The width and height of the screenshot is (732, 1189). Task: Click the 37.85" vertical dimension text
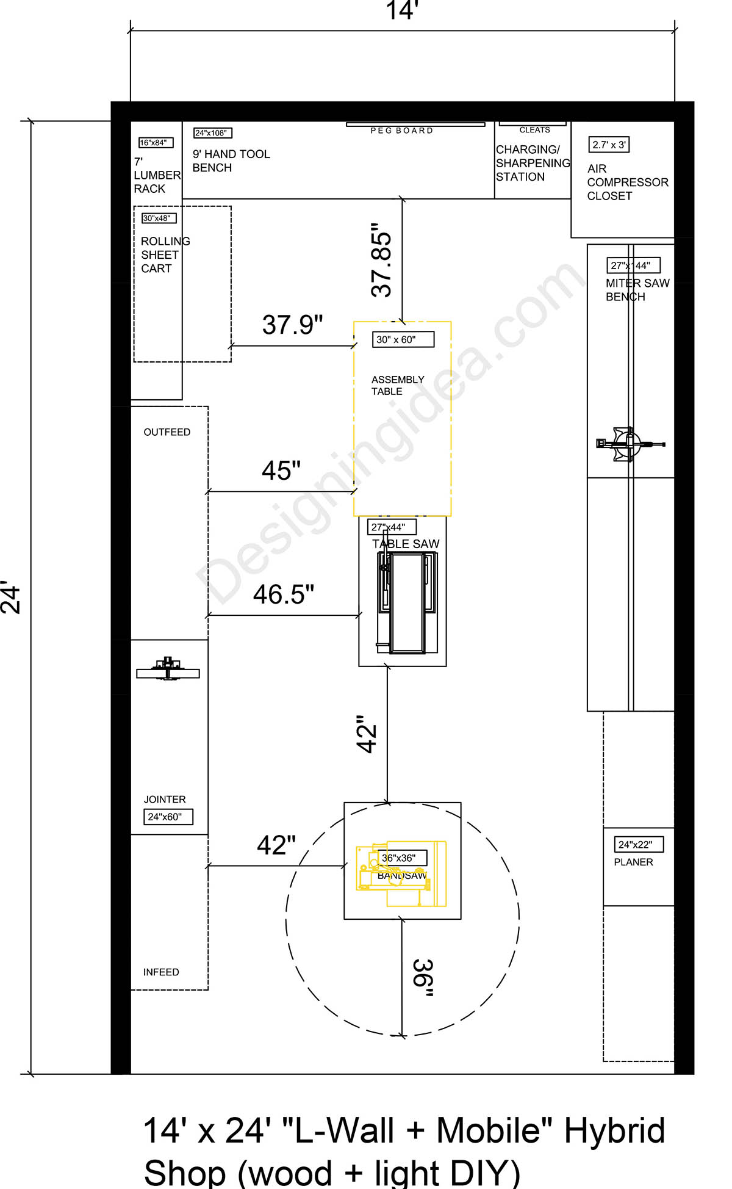pyautogui.click(x=382, y=261)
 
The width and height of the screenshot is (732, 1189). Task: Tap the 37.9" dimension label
pyautogui.click(x=292, y=325)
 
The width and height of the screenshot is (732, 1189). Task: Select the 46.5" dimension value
pyautogui.click(x=284, y=594)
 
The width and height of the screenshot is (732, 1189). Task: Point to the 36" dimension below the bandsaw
pyautogui.click(x=423, y=977)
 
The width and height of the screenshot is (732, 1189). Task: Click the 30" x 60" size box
pyautogui.click(x=403, y=339)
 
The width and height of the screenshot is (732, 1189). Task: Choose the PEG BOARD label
pyautogui.click(x=402, y=131)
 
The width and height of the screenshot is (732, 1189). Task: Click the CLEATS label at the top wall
pyautogui.click(x=534, y=130)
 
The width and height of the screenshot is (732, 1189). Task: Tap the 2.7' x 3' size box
pyautogui.click(x=609, y=145)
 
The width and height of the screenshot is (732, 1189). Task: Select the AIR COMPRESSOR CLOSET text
pyautogui.click(x=627, y=182)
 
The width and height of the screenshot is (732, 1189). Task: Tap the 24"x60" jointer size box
pyautogui.click(x=168, y=817)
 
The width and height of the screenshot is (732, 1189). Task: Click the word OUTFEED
pyautogui.click(x=167, y=432)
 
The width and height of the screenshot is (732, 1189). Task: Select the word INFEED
pyautogui.click(x=161, y=972)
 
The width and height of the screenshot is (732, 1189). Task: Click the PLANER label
pyautogui.click(x=633, y=862)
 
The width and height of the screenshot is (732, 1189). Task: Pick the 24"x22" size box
pyautogui.click(x=638, y=845)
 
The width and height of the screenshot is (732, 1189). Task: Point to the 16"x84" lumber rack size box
pyautogui.click(x=156, y=142)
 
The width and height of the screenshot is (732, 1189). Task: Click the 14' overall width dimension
pyautogui.click(x=402, y=11)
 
